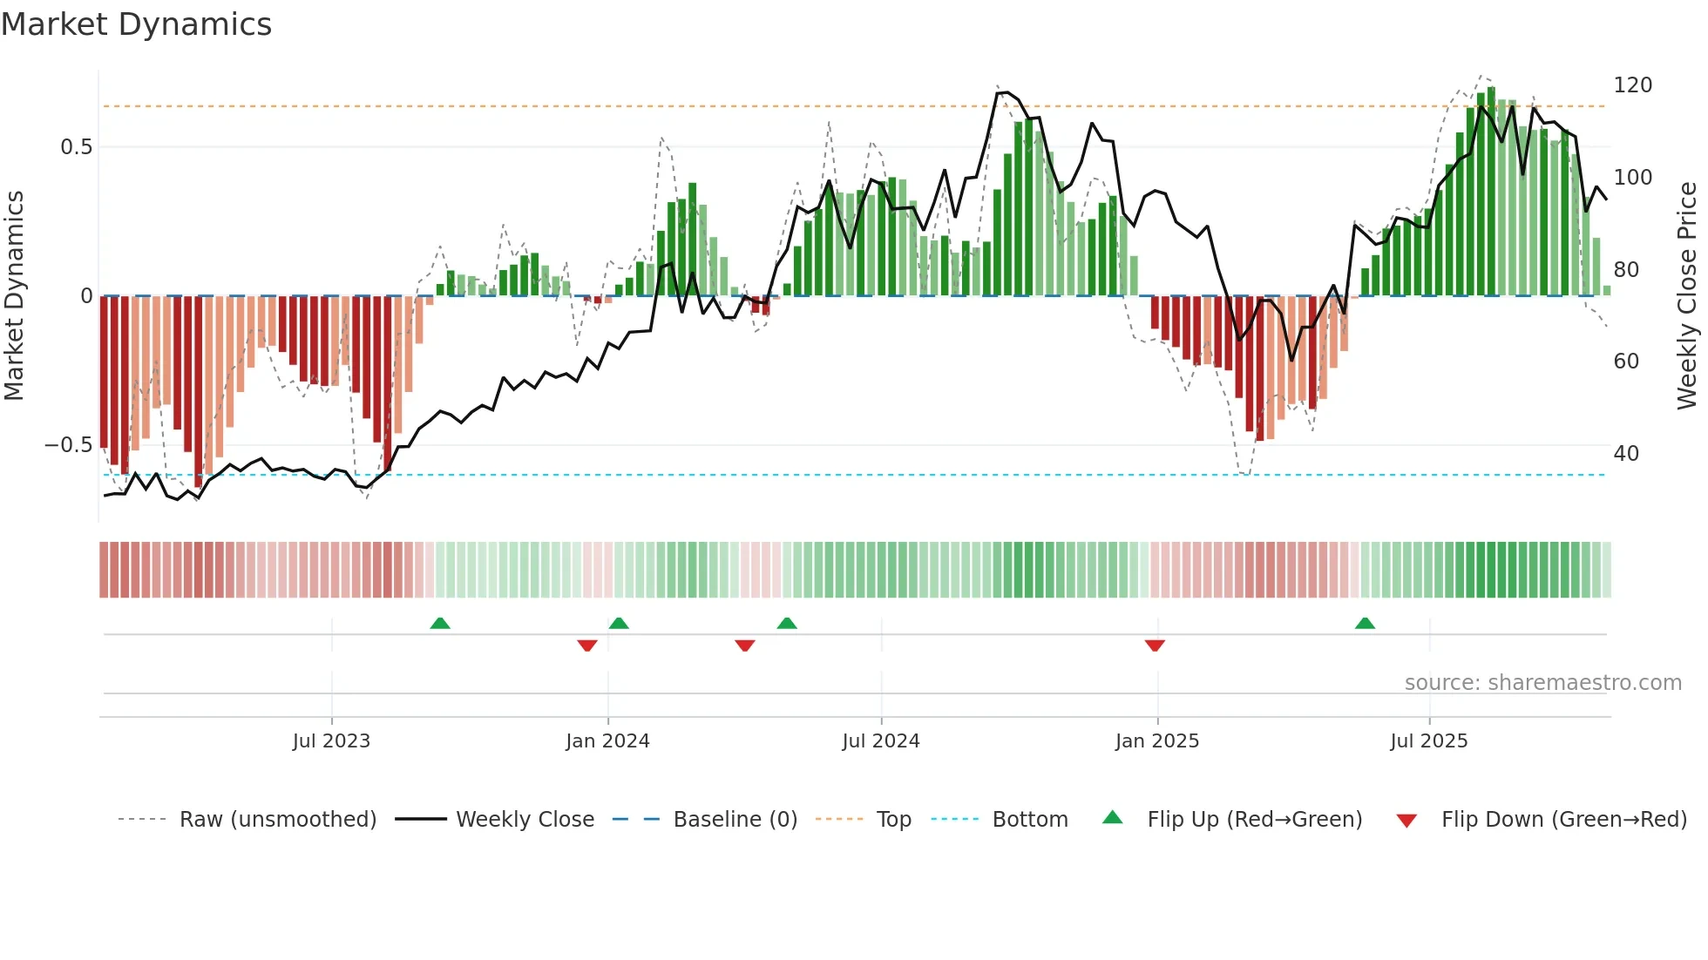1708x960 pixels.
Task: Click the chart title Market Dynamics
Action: [137, 24]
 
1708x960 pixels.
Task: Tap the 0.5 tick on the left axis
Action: [76, 147]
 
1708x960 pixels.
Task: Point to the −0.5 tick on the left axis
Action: [68, 445]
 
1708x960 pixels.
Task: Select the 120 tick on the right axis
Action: [1632, 85]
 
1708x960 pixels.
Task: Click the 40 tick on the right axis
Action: [1626, 454]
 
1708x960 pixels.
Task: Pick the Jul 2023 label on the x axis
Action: [331, 741]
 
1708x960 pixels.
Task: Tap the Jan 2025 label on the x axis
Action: [1156, 741]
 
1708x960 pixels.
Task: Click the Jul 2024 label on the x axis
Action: [880, 741]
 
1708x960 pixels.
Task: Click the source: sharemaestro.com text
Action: [1542, 683]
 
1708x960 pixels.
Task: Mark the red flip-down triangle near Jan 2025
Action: [1155, 646]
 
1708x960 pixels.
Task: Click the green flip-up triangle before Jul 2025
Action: [1365, 623]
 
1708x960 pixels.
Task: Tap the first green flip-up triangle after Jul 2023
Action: [440, 623]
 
